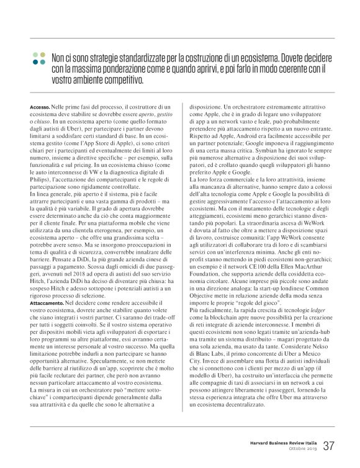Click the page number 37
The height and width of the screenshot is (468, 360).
pyautogui.click(x=329, y=445)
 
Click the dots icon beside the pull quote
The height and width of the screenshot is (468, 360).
pyautogui.click(x=38, y=59)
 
